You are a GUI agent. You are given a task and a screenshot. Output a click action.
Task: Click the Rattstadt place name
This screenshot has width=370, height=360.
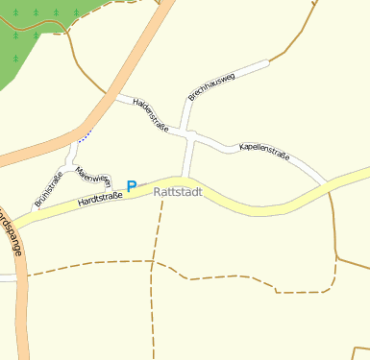(179, 192)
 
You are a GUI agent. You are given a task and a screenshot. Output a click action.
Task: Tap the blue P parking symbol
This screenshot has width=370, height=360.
(132, 186)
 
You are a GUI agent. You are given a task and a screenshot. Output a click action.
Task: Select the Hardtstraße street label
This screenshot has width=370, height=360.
(100, 199)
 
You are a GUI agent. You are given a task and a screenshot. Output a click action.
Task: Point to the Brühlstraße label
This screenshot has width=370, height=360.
(48, 189)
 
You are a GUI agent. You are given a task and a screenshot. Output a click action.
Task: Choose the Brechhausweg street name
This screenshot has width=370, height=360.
(211, 85)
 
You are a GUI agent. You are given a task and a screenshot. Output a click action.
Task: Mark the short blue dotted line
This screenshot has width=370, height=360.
(85, 133)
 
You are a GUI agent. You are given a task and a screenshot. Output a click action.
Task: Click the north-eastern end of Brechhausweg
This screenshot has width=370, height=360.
(266, 63)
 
